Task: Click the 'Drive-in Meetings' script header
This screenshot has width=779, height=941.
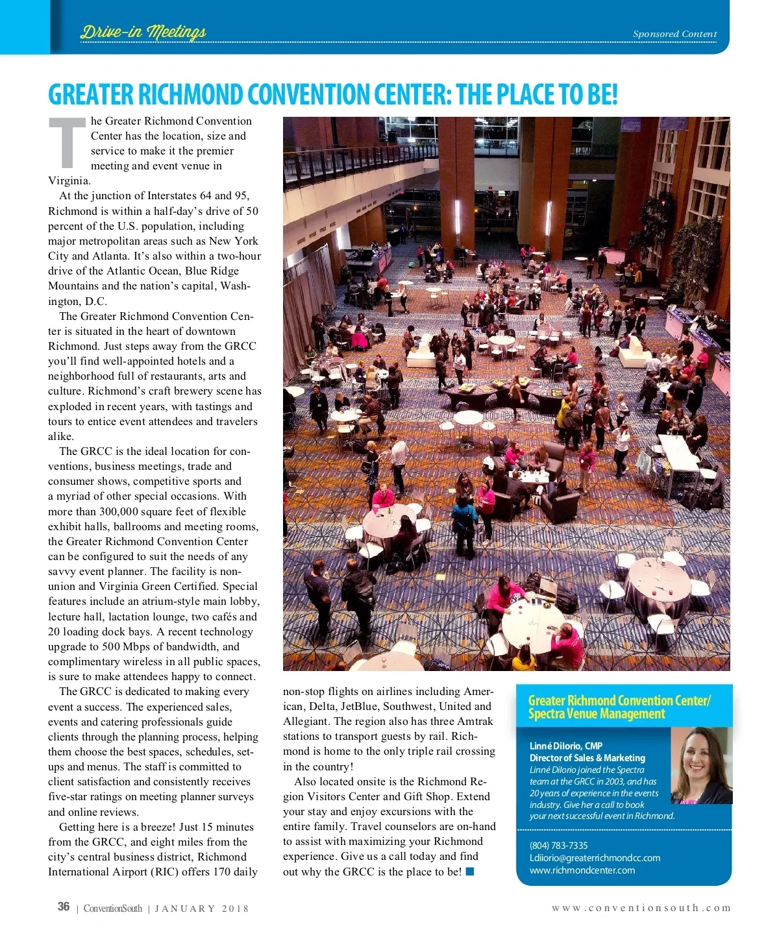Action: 143,32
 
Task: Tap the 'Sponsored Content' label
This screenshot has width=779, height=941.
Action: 674,34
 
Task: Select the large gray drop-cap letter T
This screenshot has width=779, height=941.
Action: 67,143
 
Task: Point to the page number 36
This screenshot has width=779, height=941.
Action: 64,907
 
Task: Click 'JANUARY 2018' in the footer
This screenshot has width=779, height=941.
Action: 202,909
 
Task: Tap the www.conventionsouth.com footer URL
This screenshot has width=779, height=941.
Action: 641,908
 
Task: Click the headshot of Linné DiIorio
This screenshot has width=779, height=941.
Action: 701,766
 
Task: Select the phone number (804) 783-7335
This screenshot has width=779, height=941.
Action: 558,846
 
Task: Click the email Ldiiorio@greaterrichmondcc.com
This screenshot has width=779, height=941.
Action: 595,858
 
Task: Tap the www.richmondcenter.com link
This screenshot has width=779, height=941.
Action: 582,870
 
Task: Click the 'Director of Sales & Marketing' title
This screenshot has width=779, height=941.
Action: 587,758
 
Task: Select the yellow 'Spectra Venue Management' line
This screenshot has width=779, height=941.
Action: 597,715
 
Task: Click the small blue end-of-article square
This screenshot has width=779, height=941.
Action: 470,872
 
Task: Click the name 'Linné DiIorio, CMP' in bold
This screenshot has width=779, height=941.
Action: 565,746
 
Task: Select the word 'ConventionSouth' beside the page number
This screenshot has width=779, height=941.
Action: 112,909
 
